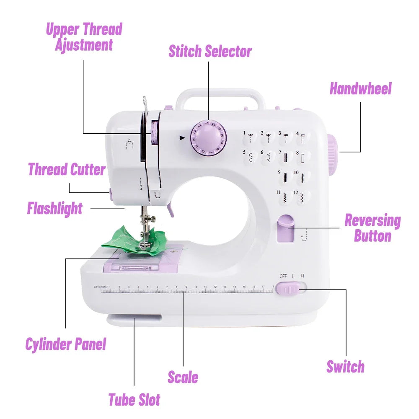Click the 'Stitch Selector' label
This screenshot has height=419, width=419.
point(210,51)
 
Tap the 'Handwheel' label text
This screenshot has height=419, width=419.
point(360,89)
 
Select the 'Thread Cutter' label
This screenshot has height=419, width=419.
point(67,170)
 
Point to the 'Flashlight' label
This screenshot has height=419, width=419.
point(55,208)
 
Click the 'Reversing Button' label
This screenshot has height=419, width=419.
point(372,228)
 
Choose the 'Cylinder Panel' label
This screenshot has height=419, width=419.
point(66,344)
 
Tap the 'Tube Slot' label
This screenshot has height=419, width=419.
point(134,399)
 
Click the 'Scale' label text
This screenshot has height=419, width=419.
point(183,377)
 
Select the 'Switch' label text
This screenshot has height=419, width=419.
point(345,366)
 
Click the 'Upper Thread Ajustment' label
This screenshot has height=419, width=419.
point(84,37)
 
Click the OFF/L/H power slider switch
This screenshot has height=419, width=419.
point(290,289)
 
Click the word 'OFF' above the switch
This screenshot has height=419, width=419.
point(283,276)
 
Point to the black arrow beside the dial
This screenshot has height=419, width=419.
point(181,137)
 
